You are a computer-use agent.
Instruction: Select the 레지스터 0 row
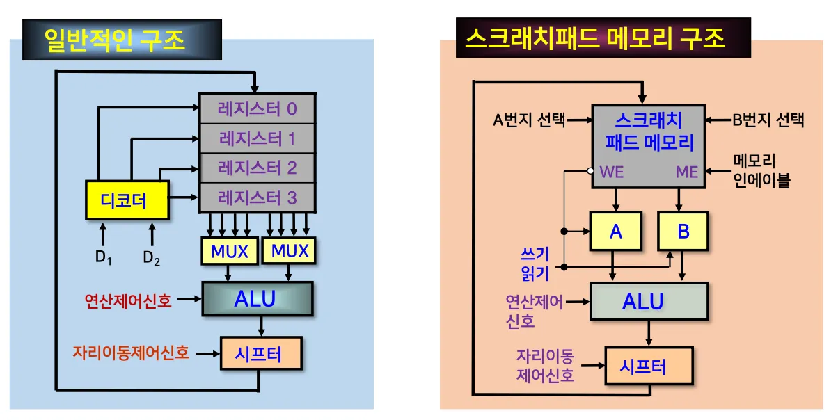point(257,108)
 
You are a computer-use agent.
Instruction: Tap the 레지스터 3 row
point(257,198)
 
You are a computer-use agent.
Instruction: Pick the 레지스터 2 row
point(257,168)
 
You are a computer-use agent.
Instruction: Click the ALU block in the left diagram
point(256,299)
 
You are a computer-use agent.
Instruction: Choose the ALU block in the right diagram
point(648,301)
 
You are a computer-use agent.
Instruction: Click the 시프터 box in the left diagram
point(260,354)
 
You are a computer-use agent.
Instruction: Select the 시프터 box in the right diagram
point(649,365)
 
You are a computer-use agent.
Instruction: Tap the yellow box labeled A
point(615,232)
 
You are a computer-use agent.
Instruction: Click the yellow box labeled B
point(683,232)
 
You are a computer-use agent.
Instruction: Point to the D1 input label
point(103,257)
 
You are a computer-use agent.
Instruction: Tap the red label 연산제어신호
point(128,300)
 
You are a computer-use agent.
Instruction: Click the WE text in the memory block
point(611,172)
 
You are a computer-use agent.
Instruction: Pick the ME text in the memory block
point(686,172)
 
